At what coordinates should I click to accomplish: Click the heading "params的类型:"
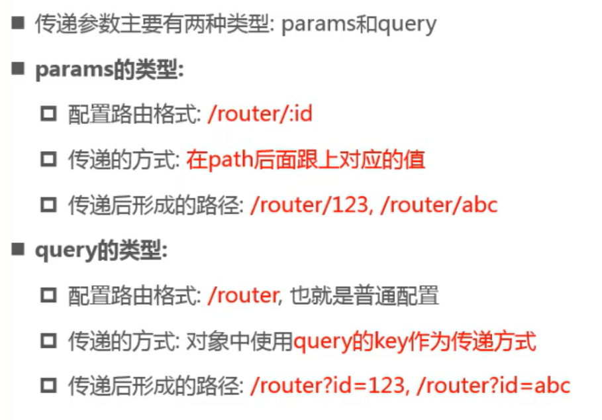pos(109,70)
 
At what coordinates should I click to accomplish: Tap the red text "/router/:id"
pos(259,115)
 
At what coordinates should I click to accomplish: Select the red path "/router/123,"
pos(309,205)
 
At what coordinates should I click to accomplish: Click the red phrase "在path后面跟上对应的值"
pos(305,160)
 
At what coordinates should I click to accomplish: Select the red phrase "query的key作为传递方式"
pos(414,341)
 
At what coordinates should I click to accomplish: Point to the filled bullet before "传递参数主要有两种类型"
pos(17,24)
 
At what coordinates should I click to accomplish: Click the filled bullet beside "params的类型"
pos(17,70)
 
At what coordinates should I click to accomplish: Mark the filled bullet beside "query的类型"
pos(17,250)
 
